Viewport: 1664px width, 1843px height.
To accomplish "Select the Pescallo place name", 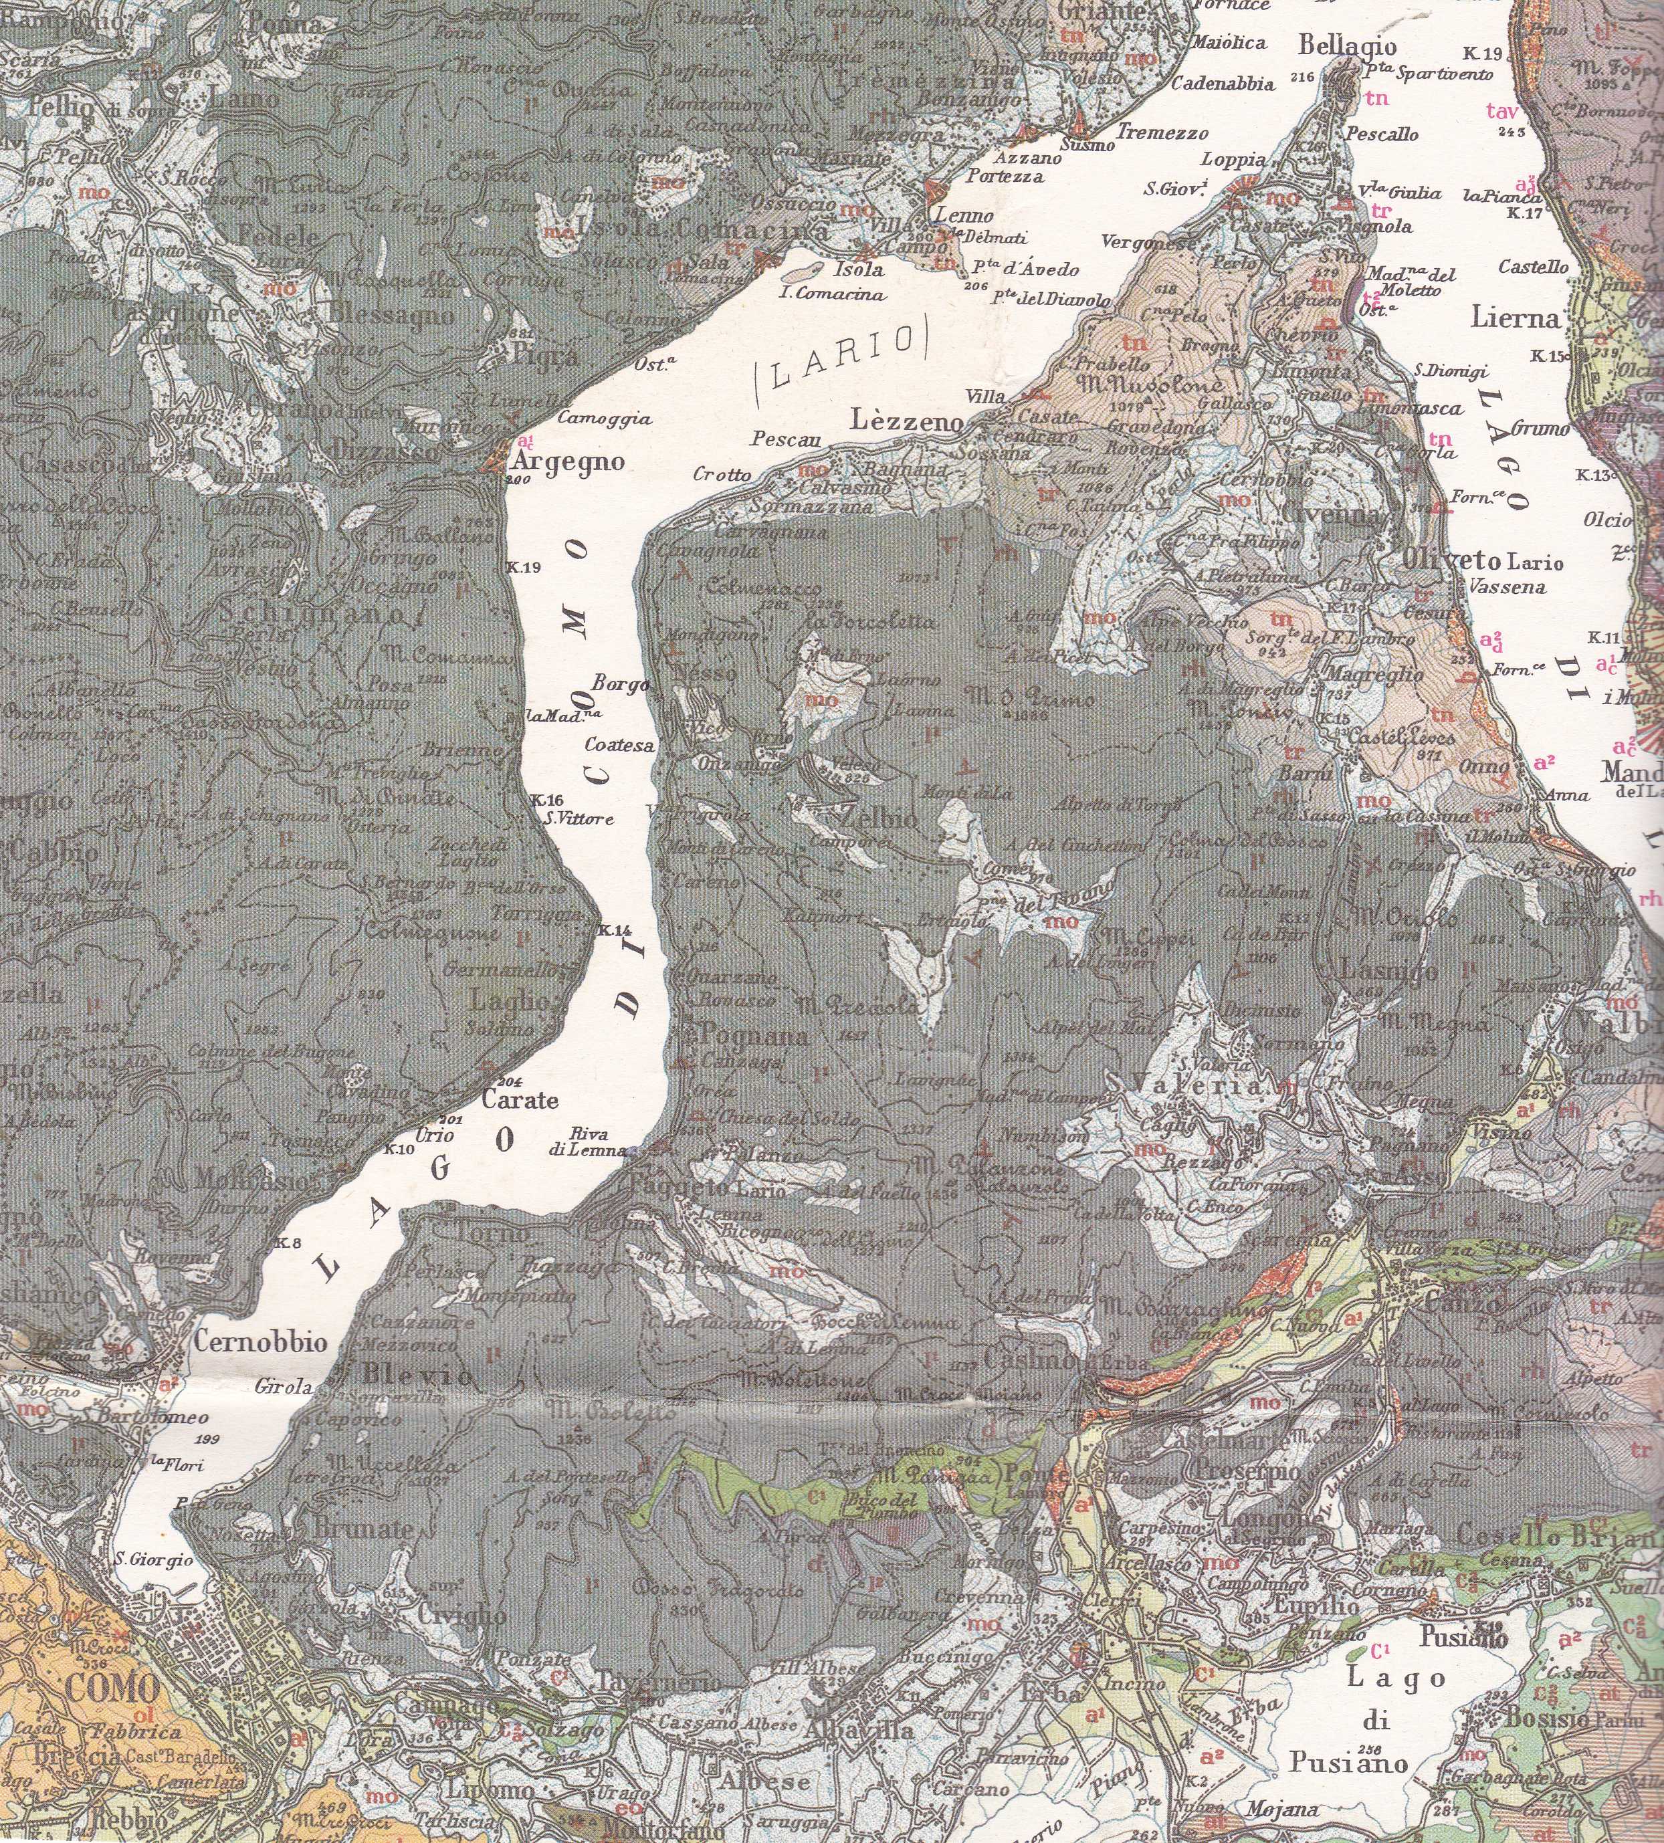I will [1383, 134].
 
